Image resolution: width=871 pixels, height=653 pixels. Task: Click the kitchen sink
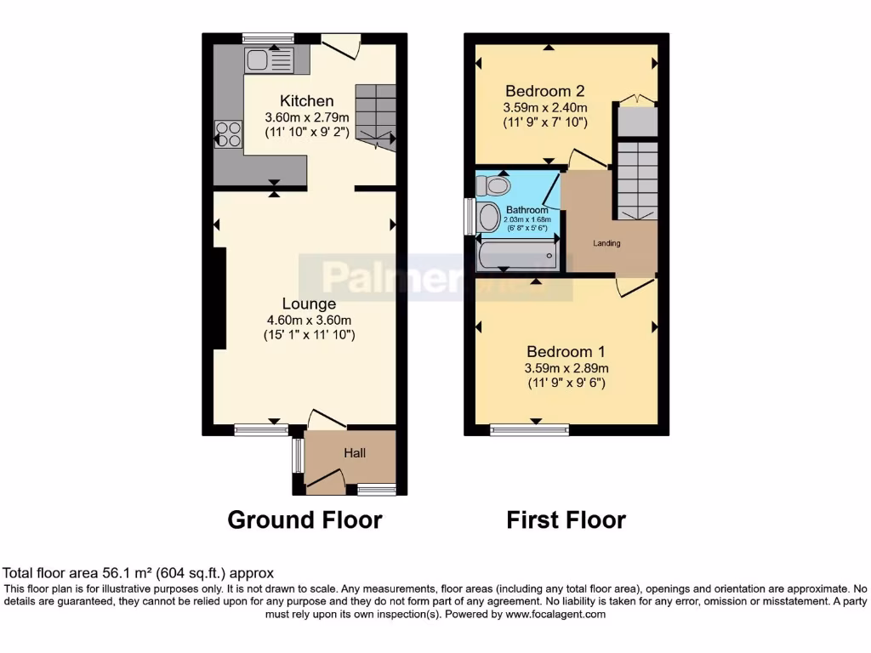click(269, 60)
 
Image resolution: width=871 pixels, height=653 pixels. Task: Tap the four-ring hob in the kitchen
click(228, 135)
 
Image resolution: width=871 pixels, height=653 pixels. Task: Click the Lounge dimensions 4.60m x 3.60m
click(309, 320)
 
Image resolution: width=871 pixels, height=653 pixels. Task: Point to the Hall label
click(355, 453)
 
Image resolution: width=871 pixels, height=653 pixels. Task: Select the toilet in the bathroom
click(492, 185)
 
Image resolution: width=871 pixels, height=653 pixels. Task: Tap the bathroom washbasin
click(489, 218)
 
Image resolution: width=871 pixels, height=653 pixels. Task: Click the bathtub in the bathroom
click(517, 254)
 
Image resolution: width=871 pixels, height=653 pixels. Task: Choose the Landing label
click(606, 243)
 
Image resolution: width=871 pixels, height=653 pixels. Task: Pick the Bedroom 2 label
click(544, 91)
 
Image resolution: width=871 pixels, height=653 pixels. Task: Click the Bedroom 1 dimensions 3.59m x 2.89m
click(567, 368)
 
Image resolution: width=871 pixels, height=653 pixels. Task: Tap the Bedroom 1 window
click(529, 430)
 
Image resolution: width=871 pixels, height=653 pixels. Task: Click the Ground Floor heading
click(305, 520)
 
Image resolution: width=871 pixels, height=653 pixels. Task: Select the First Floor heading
click(566, 520)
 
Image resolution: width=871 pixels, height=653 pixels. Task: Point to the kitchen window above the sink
click(268, 37)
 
